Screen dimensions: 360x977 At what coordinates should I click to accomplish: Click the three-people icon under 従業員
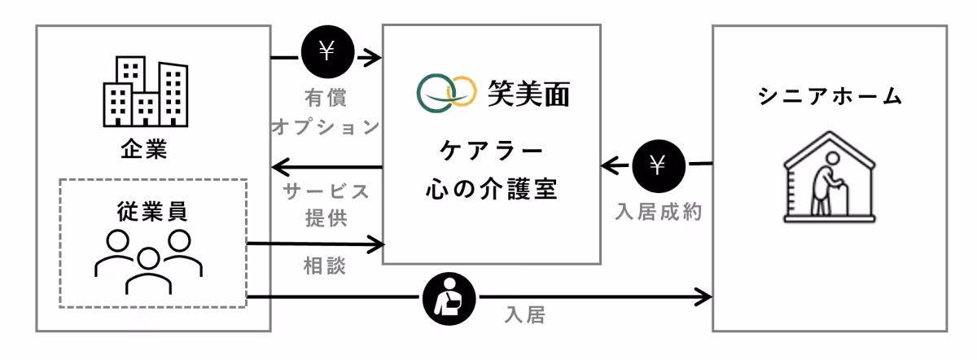(149, 260)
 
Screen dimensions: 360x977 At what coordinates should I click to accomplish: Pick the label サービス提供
(326, 204)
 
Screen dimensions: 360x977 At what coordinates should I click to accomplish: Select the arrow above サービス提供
(326, 169)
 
